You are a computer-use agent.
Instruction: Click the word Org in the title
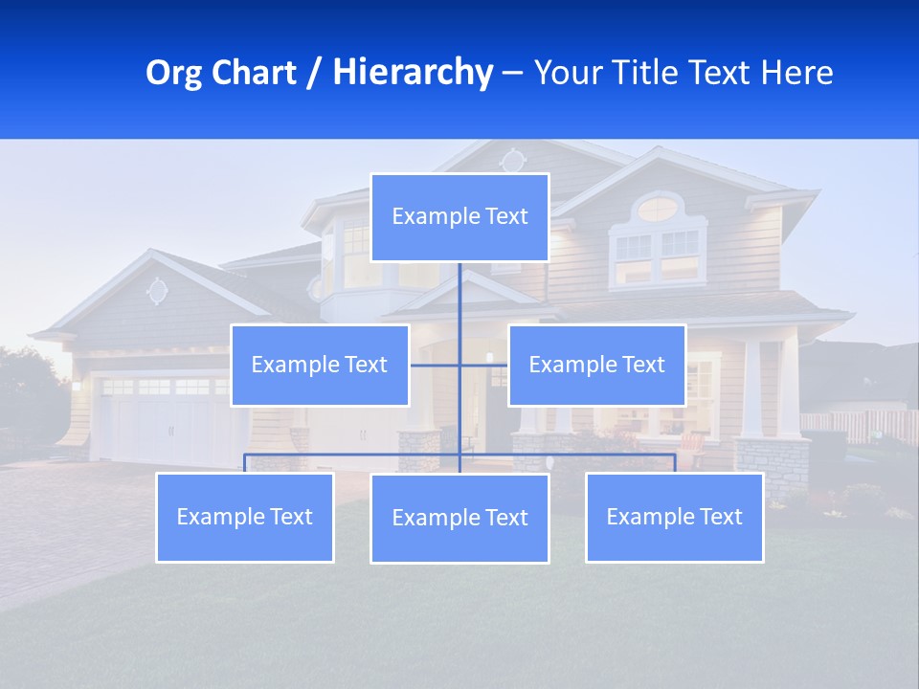click(173, 73)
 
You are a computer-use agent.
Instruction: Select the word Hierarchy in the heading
click(412, 73)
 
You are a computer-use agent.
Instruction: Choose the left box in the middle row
click(320, 365)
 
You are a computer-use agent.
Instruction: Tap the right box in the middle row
click(596, 365)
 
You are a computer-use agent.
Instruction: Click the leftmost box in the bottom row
click(245, 517)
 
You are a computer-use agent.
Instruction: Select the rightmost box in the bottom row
click(674, 517)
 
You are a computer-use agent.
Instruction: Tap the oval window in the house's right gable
click(658, 208)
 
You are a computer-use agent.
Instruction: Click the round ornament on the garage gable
click(157, 290)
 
